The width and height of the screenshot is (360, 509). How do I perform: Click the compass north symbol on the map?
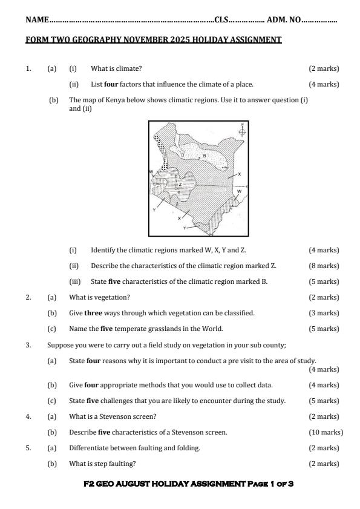pos(242,130)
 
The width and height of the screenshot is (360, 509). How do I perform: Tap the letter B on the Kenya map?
pos(205,156)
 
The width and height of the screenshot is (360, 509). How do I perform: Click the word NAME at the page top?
pos(37,20)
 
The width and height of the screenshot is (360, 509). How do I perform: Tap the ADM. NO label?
pos(284,20)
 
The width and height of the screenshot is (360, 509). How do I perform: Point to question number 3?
pos(28,345)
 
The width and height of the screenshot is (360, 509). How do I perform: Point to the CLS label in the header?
pos(221,20)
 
